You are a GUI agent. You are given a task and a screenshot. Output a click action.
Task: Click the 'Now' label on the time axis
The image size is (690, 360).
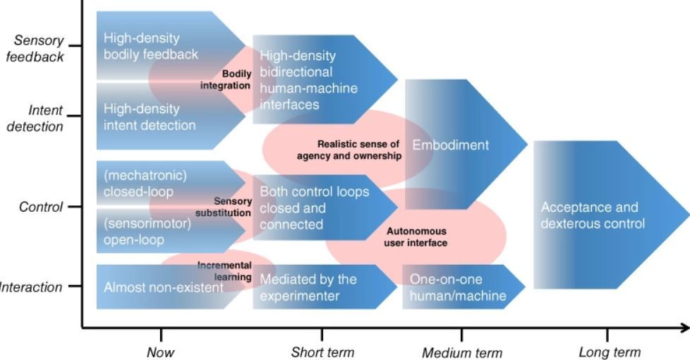click(161, 352)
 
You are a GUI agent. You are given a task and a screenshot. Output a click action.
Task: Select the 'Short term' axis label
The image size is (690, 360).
click(322, 352)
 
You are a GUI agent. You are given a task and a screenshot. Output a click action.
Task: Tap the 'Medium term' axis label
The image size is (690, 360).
click(462, 352)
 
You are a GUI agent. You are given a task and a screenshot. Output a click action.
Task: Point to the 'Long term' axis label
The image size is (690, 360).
click(610, 352)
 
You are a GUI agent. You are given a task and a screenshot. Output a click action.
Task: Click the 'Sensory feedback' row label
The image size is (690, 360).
click(36, 49)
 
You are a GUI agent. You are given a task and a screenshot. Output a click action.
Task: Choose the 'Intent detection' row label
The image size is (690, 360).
click(36, 119)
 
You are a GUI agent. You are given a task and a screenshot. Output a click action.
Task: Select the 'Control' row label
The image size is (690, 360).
click(41, 207)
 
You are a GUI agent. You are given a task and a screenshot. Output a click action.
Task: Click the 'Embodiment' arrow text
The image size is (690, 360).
click(451, 145)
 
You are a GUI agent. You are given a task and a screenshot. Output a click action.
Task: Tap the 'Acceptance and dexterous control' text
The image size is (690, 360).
click(593, 215)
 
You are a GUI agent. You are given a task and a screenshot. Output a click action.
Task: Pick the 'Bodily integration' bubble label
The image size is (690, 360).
click(226, 80)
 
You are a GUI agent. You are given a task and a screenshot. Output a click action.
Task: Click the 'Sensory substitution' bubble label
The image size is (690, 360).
click(224, 207)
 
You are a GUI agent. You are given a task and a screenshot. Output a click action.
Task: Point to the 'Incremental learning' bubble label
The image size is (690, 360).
click(224, 271)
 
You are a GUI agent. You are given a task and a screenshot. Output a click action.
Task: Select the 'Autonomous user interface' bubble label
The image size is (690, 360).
click(416, 236)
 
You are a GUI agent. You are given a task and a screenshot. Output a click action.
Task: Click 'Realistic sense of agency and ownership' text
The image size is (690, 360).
click(349, 150)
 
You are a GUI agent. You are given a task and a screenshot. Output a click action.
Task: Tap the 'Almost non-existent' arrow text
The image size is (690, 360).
click(164, 287)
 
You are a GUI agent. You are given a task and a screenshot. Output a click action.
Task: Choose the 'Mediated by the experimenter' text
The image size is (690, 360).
click(308, 287)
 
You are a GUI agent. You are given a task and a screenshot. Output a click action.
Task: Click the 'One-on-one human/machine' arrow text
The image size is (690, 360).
click(458, 287)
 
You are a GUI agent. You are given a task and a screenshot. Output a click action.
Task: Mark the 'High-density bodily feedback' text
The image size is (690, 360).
click(150, 46)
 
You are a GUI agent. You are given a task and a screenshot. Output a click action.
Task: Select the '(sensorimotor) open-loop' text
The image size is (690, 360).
click(147, 232)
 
